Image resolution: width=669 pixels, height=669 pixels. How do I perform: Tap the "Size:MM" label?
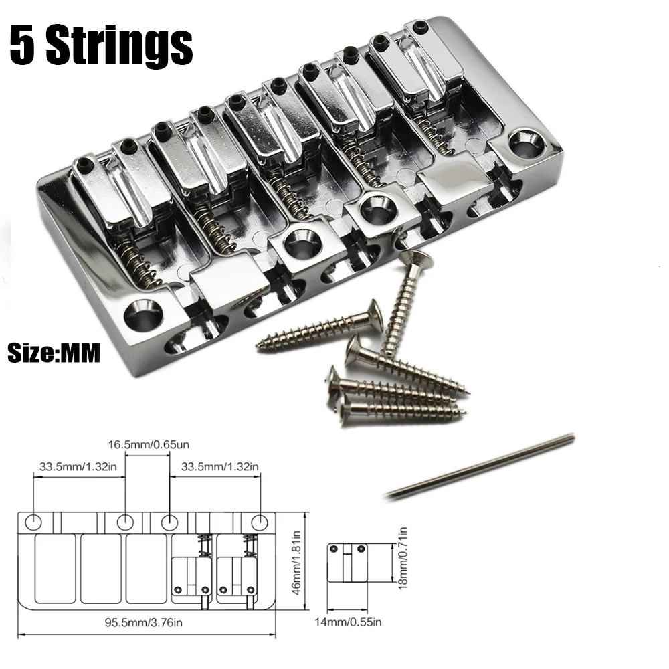click(x=54, y=353)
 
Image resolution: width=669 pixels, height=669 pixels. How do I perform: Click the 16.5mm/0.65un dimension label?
click(x=149, y=445)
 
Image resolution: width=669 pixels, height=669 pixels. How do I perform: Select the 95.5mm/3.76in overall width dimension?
click(x=144, y=622)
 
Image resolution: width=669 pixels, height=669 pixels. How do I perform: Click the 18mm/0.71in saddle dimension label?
click(x=403, y=558)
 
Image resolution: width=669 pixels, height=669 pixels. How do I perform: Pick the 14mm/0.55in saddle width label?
click(x=348, y=622)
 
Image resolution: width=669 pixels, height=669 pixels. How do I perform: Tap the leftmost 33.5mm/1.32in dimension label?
click(x=78, y=466)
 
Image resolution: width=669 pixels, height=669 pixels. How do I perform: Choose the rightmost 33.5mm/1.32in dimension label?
click(x=219, y=466)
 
